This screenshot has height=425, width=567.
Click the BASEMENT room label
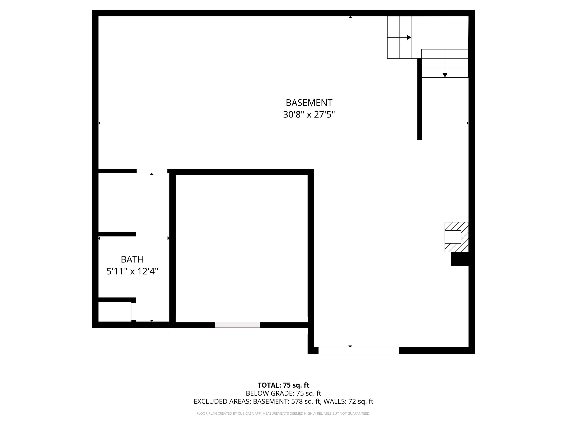(309, 103)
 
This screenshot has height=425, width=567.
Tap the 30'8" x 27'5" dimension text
(309, 114)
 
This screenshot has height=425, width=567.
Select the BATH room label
(132, 260)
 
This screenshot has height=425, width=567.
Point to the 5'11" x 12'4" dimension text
(132, 271)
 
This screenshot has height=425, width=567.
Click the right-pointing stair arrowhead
(409, 37)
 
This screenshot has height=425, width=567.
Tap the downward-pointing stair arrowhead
(445, 75)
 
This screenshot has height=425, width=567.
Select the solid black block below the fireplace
(460, 259)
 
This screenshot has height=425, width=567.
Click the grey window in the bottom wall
(237, 325)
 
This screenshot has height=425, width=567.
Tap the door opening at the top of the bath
(152, 171)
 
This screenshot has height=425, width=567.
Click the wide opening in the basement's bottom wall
(359, 350)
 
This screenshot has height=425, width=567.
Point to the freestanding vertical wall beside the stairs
(419, 99)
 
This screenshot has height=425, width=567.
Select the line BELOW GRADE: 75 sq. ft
(283, 393)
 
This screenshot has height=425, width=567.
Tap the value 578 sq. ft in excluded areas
(306, 401)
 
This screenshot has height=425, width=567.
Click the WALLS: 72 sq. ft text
(348, 401)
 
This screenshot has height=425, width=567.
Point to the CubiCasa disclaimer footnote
(283, 413)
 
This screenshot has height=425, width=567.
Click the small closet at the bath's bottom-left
(115, 311)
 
